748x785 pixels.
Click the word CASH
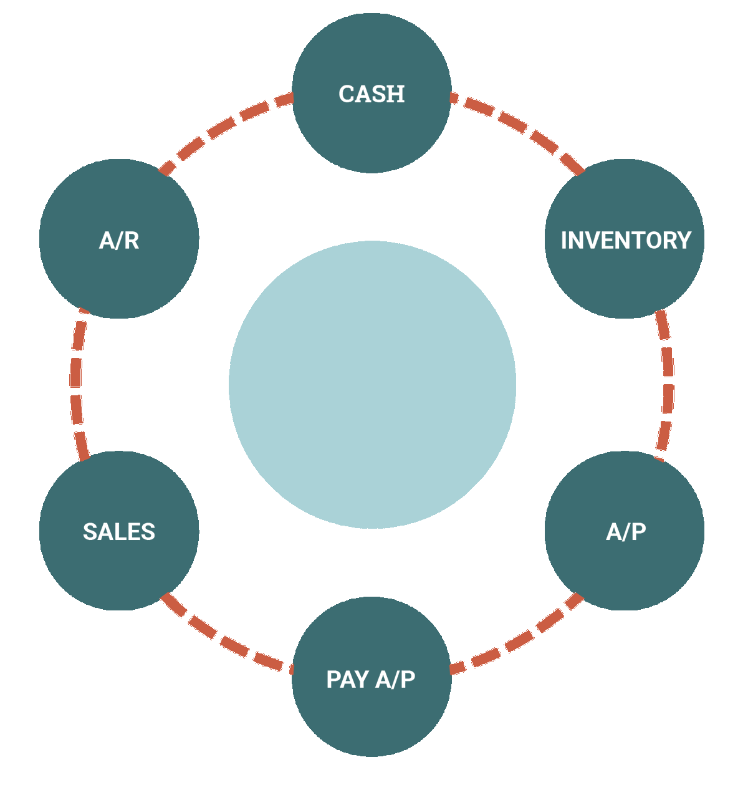[x=372, y=94]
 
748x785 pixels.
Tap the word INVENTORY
[x=626, y=241]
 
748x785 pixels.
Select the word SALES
[x=119, y=532]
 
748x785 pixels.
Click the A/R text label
[x=119, y=241]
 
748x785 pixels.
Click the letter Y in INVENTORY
[x=684, y=241]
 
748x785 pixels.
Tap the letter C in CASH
[x=346, y=94]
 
